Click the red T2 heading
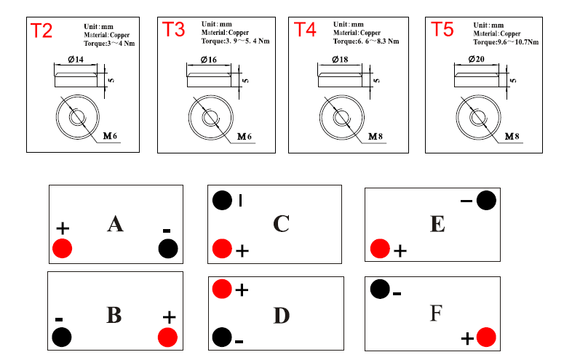pos(41,31)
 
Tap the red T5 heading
pos(442,29)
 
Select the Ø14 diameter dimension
pos(76,60)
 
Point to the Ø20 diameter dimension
pos(476,59)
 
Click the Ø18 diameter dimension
pos(340,60)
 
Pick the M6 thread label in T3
pos(245,137)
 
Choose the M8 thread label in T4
pos(376,137)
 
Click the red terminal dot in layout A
pos(63,248)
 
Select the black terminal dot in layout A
pos(168,249)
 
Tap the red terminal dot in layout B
pos(167,337)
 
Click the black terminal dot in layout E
pos(486,200)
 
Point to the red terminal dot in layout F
pos(486,337)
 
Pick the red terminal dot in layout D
pos(222,289)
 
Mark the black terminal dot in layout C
pos(222,200)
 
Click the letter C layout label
pos(282,224)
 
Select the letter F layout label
pos(436,313)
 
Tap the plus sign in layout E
pos(400,251)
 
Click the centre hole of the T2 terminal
pos(77,117)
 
